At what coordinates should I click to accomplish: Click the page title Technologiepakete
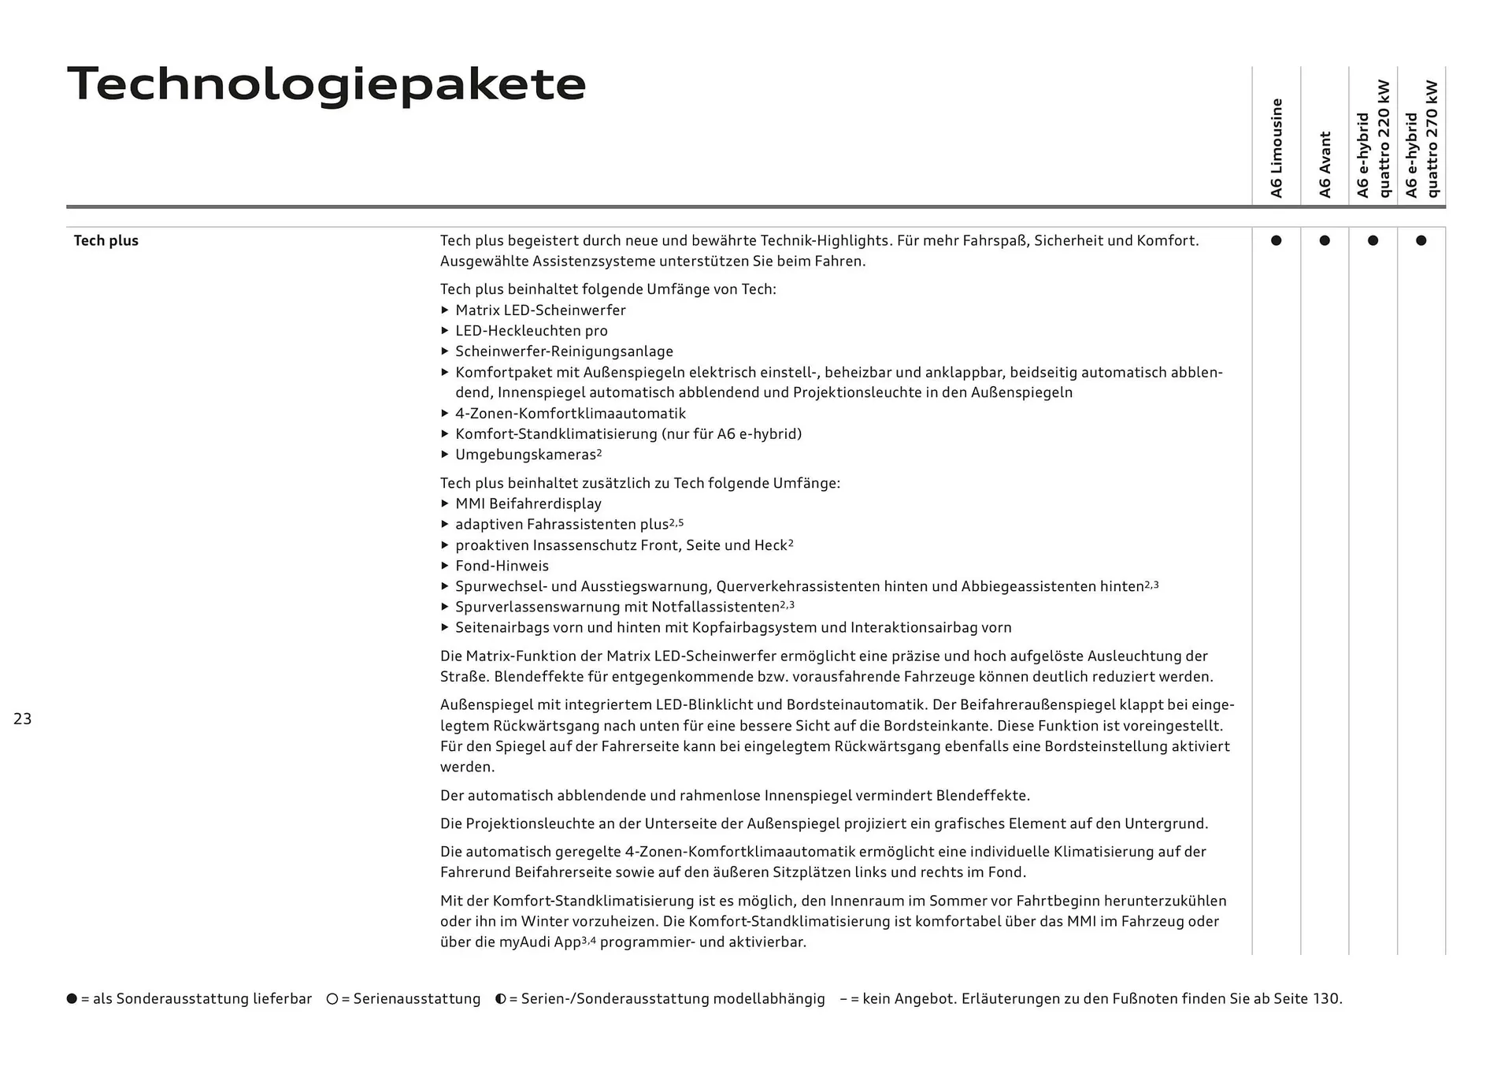(326, 85)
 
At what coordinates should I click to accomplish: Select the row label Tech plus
(106, 241)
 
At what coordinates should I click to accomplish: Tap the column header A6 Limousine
(1277, 148)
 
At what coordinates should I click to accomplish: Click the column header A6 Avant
(1325, 164)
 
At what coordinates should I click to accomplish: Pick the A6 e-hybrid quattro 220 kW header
(1373, 139)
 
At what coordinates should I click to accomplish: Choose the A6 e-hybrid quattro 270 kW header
(1421, 139)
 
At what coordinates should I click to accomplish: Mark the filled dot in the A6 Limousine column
(1276, 240)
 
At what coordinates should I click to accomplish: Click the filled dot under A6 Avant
(1325, 240)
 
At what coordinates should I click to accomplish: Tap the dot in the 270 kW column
(1421, 240)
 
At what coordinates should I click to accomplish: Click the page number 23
(22, 719)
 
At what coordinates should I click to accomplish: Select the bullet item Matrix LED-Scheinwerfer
(540, 310)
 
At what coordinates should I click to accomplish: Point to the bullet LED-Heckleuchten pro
(531, 331)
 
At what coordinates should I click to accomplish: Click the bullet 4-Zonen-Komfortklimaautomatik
(570, 414)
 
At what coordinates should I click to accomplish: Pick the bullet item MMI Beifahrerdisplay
(528, 503)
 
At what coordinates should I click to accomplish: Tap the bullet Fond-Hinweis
(502, 566)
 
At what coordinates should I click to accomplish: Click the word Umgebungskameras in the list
(525, 455)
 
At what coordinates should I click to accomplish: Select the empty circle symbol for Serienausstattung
(332, 999)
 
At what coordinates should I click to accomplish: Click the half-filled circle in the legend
(500, 999)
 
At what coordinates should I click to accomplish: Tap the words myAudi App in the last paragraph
(539, 942)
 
